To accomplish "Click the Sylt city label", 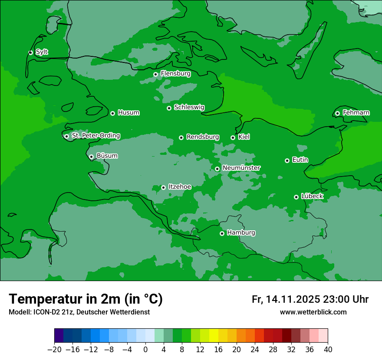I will (42, 52).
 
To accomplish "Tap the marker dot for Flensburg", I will (155, 74).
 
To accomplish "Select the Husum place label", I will (128, 113).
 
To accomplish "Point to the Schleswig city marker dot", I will (169, 108).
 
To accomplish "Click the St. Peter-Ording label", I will (95, 136).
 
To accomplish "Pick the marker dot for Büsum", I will (91, 157).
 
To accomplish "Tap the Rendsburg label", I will (202, 137).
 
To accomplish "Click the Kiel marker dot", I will (233, 137).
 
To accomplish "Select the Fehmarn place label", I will (356, 113).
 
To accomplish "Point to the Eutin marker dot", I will (287, 160).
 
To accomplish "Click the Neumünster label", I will (241, 168).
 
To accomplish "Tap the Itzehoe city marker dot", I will (163, 188).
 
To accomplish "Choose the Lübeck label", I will (312, 196).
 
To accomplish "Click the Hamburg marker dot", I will (222, 233).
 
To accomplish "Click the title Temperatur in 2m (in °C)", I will (86, 299).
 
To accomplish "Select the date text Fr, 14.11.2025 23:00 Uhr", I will (310, 299).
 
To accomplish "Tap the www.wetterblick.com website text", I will (313, 312).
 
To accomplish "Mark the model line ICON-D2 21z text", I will (79, 312).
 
